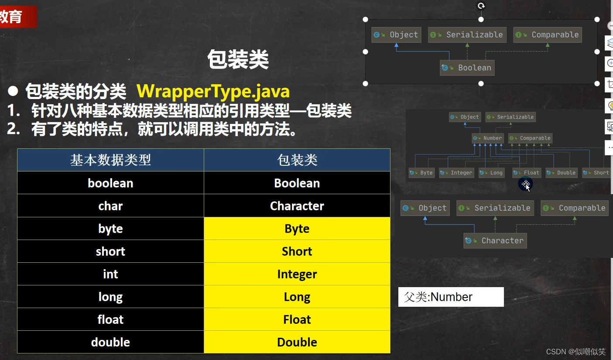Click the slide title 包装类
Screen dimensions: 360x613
[238, 60]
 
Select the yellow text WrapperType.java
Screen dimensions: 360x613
[213, 91]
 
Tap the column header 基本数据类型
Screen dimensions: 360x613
[110, 160]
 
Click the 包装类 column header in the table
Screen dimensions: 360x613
[297, 160]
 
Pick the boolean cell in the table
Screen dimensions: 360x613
[110, 183]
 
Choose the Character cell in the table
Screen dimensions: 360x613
[297, 206]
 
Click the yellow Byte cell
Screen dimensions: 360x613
[297, 229]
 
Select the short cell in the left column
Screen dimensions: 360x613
[110, 251]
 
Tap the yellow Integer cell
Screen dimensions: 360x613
[297, 274]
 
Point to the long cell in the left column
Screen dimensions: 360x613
[110, 297]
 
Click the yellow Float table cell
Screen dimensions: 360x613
[297, 319]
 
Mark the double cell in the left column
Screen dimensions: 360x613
[110, 342]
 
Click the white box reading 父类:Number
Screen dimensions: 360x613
[451, 297]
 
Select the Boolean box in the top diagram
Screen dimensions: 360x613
[467, 68]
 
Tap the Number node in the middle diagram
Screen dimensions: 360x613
[488, 138]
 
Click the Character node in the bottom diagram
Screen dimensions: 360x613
[495, 240]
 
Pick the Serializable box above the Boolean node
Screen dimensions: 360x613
[467, 35]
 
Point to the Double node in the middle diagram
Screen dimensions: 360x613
[562, 173]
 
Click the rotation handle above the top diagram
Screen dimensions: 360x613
[481, 6]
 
